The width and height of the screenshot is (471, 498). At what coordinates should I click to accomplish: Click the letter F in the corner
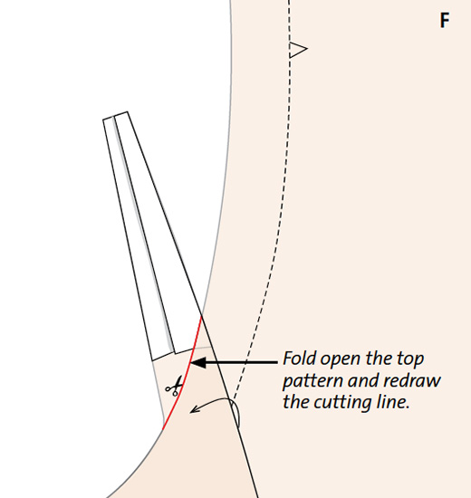click(445, 20)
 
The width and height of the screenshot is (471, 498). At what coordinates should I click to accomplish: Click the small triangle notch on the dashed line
click(298, 50)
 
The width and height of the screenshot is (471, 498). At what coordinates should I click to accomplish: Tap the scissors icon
click(174, 386)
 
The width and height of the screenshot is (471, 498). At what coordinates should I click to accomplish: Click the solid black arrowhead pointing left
click(198, 362)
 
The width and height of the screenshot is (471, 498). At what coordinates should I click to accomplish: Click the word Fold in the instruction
click(300, 359)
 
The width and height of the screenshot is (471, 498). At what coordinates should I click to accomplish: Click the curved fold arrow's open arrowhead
click(194, 409)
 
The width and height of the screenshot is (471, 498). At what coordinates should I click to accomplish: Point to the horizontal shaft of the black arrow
click(242, 362)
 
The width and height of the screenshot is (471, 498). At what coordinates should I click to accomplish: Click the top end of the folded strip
click(115, 116)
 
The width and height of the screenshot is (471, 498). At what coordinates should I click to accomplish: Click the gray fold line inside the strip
click(144, 235)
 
